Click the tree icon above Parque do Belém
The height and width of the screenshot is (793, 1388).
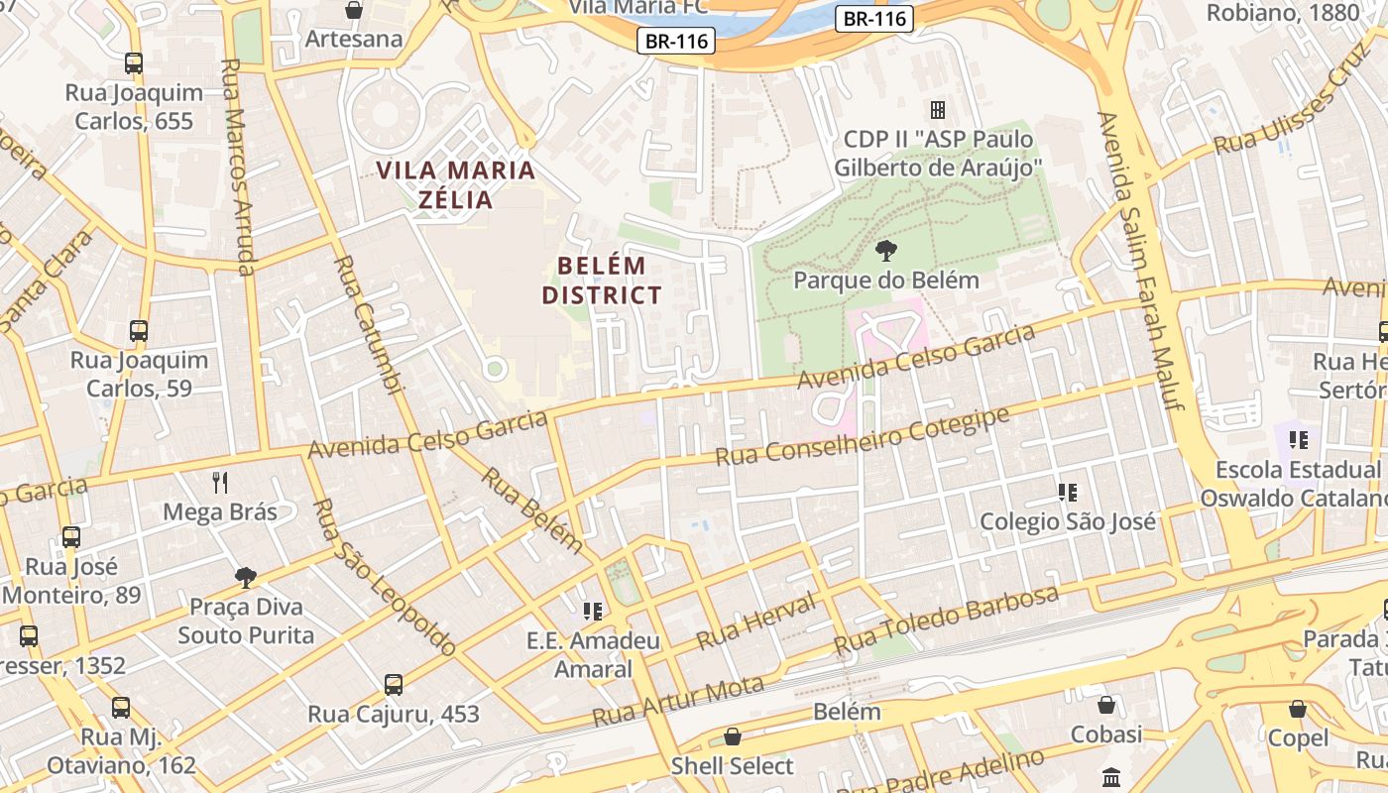click(886, 250)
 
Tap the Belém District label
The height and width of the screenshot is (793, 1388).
click(602, 281)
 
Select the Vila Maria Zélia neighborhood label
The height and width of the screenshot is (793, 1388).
click(456, 184)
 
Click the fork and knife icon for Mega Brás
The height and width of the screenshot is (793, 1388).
click(220, 483)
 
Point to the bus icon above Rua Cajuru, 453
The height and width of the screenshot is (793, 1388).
click(394, 684)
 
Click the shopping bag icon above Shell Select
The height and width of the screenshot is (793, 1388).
click(733, 736)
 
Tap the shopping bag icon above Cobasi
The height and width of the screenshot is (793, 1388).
click(1106, 705)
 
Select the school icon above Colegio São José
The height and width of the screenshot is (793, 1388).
click(1068, 492)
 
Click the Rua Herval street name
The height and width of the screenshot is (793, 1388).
click(755, 622)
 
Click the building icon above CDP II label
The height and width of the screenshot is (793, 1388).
click(937, 109)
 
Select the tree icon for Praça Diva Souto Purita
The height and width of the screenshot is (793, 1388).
click(245, 577)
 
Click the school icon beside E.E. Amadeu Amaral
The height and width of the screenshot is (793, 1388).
click(593, 612)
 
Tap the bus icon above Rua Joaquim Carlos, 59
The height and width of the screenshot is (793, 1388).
click(139, 331)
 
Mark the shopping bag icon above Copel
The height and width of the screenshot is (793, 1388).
click(1297, 709)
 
